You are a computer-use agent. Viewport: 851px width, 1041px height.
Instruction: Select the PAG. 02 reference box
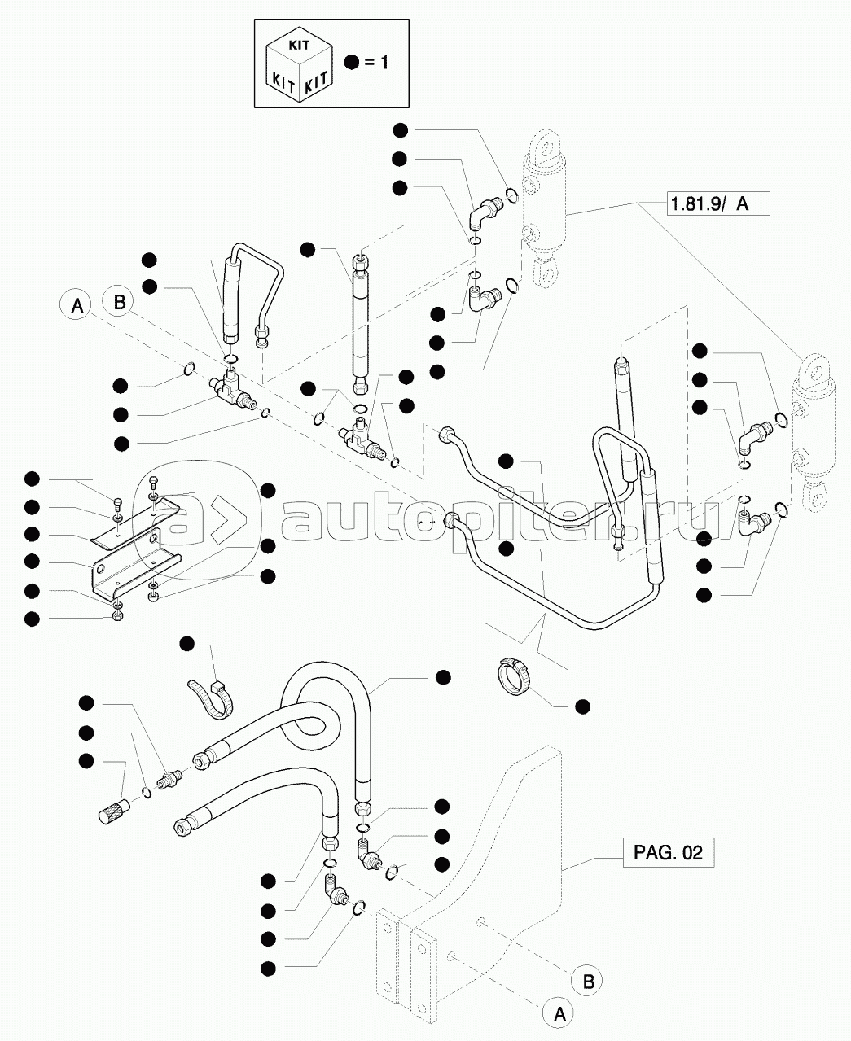pyautogui.click(x=667, y=854)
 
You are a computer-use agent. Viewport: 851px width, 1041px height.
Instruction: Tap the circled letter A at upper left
pyautogui.click(x=77, y=307)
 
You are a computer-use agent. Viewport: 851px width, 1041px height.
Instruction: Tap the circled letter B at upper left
pyautogui.click(x=119, y=303)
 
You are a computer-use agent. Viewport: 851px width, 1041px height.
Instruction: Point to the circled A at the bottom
pyautogui.click(x=559, y=1013)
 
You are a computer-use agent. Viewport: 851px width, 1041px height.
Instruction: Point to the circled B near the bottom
pyautogui.click(x=588, y=981)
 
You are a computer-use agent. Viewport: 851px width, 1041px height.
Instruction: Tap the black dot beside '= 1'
pyautogui.click(x=351, y=63)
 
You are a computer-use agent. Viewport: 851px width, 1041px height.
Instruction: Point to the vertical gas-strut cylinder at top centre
pyautogui.click(x=361, y=321)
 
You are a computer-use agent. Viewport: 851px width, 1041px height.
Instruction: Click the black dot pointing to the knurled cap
pyautogui.click(x=86, y=760)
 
